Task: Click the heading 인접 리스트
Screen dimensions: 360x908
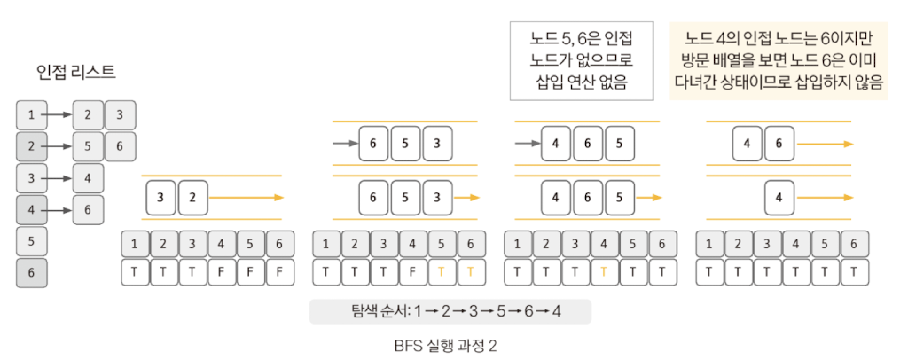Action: pos(76,72)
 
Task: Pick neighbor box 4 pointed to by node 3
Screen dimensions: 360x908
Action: pos(88,178)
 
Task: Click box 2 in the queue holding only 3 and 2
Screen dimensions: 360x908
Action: pos(192,197)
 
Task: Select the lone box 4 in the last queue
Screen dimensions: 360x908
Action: pos(779,197)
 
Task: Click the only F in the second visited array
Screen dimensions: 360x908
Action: pos(411,272)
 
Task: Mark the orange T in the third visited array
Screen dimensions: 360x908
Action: pos(603,272)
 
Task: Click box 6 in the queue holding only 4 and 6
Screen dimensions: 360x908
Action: pos(779,143)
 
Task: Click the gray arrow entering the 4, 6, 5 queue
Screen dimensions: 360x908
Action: pos(528,143)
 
